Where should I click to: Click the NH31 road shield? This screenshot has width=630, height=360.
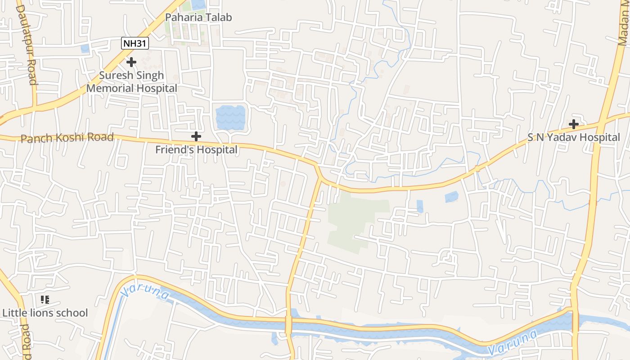click(x=135, y=44)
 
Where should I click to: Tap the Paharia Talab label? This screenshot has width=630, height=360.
click(x=198, y=18)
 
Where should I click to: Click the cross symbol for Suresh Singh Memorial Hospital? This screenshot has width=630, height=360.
click(x=131, y=62)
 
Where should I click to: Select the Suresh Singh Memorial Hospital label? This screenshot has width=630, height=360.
click(x=132, y=82)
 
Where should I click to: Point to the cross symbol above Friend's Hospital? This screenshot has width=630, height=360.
click(x=196, y=136)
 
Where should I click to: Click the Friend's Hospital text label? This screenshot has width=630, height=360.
click(x=196, y=149)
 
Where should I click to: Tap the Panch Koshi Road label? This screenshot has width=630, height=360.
click(x=67, y=137)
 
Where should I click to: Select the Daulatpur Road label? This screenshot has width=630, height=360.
click(x=26, y=45)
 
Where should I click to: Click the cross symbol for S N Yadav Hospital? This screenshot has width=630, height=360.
click(x=574, y=124)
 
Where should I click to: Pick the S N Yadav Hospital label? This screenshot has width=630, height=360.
click(x=574, y=137)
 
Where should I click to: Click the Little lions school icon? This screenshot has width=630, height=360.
click(x=45, y=299)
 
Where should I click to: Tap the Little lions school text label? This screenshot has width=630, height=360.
click(x=45, y=313)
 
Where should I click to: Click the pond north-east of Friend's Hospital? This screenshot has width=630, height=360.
click(x=230, y=117)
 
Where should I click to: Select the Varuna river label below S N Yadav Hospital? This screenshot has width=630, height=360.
click(x=513, y=342)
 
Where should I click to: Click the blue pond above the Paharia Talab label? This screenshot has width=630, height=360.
click(x=198, y=4)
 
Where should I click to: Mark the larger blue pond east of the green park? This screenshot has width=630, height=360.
click(x=451, y=197)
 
